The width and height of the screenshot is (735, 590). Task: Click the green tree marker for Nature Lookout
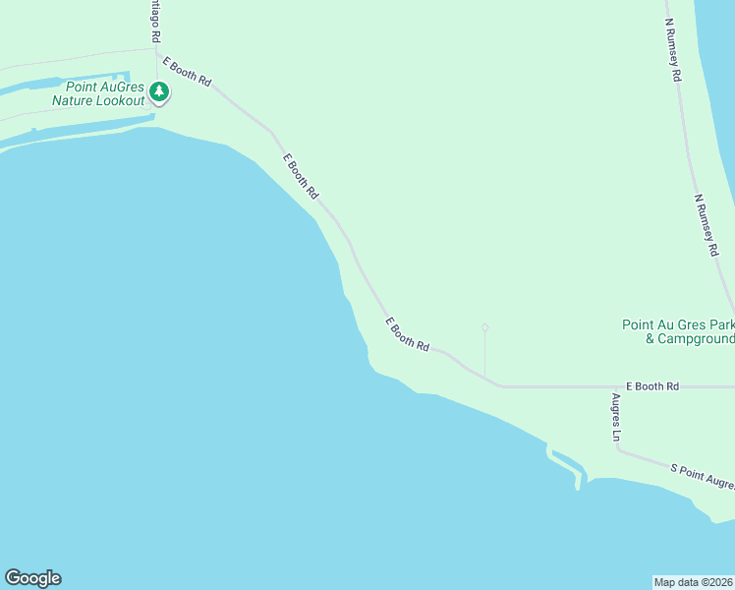point(159,92)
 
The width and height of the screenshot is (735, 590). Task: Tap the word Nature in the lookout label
point(75,101)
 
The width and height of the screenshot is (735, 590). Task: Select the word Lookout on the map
point(122,101)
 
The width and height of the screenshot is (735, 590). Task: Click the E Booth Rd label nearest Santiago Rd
point(188,73)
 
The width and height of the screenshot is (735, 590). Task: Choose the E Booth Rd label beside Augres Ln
point(651,387)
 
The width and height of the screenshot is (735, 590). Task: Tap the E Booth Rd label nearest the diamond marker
point(408,334)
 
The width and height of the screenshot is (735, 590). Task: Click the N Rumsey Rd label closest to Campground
point(707,225)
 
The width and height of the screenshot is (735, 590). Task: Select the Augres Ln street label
point(616,418)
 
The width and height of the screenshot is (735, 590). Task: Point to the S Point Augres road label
point(702,477)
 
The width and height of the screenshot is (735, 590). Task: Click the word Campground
point(690,339)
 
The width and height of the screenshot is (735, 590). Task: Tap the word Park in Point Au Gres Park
point(721,324)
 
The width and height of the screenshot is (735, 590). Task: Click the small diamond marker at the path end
point(484,327)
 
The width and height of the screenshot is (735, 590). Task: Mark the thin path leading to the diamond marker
point(484,354)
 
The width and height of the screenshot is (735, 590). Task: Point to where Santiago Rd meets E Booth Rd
point(157,49)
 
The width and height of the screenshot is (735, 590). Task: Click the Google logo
point(32,578)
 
